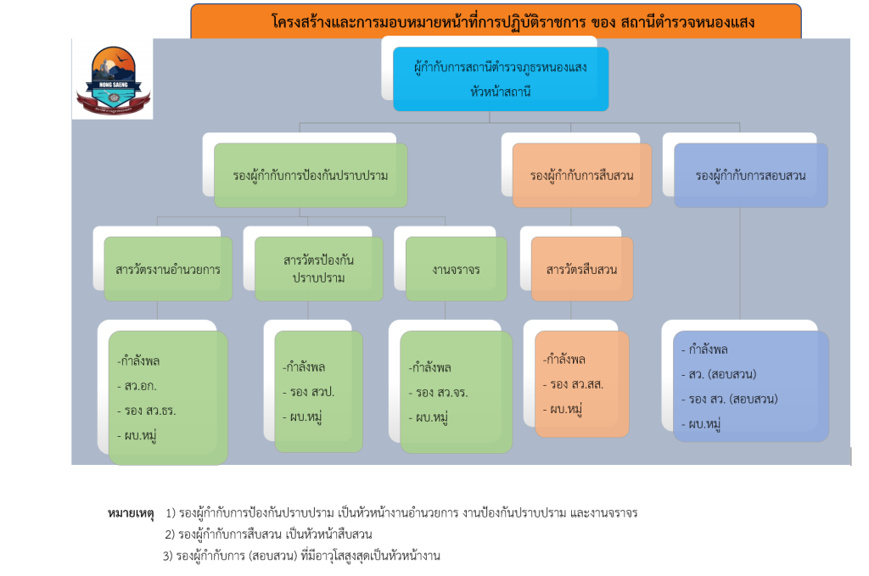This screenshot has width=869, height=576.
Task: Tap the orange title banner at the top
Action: tap(496, 21)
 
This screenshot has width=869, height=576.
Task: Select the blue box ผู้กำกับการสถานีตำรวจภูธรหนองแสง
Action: tap(501, 79)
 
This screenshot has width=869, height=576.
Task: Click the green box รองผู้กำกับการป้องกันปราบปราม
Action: tap(311, 176)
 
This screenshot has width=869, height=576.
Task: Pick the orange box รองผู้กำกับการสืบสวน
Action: tap(582, 176)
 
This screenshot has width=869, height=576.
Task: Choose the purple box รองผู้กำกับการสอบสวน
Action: tap(750, 176)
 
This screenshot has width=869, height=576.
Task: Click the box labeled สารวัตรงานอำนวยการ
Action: tap(168, 269)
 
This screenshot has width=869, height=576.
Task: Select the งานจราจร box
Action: tap(456, 269)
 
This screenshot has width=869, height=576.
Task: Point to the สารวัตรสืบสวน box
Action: tap(581, 269)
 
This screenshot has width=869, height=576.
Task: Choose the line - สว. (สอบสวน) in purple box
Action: tap(719, 374)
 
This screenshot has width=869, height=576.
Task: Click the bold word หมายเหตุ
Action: tap(132, 513)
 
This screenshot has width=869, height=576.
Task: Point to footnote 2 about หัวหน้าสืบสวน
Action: tap(269, 534)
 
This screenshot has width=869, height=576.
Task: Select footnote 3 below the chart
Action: tap(301, 556)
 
